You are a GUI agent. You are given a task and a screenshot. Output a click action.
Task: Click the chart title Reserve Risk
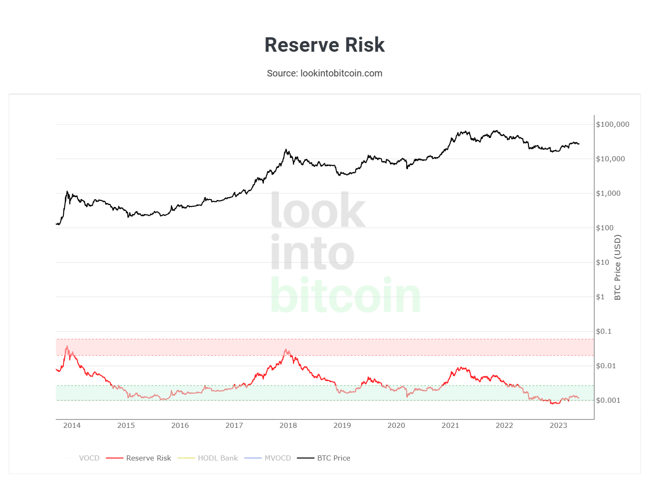click(x=324, y=45)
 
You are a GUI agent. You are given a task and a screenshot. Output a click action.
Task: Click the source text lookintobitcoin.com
click(x=324, y=73)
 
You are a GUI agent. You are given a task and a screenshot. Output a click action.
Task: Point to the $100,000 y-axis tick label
click(x=612, y=124)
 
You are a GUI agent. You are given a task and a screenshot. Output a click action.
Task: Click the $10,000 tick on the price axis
click(x=610, y=159)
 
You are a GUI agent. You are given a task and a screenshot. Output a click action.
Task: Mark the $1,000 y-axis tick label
click(x=608, y=193)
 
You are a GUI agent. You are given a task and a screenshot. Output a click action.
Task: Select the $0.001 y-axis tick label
click(x=608, y=400)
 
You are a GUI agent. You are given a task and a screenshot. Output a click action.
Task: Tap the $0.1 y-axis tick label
click(x=603, y=331)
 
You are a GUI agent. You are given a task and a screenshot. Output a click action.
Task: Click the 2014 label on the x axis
click(x=72, y=426)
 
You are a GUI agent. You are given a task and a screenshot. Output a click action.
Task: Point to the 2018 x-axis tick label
click(x=288, y=426)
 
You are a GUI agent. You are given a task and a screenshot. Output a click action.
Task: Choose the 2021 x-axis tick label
click(x=450, y=426)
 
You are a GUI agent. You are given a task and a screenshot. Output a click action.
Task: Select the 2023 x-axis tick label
click(x=558, y=426)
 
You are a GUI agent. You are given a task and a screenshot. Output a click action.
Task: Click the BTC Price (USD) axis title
click(x=617, y=267)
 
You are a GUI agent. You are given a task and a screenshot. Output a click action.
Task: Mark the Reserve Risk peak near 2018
click(x=286, y=349)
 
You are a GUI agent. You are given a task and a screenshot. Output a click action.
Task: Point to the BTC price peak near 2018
click(x=286, y=150)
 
